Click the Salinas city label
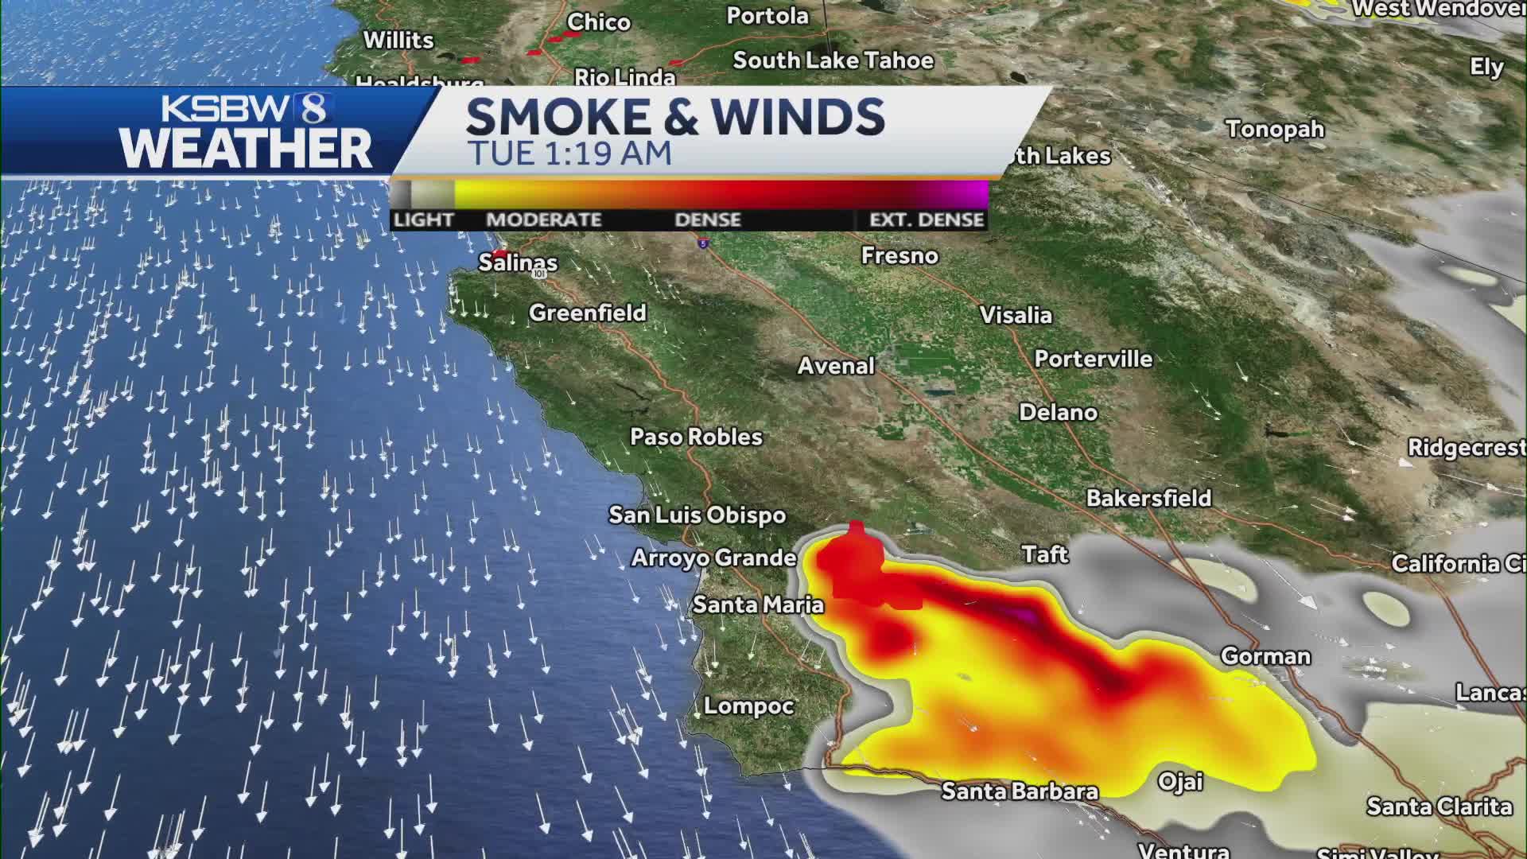pos(518,262)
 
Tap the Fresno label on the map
pos(899,255)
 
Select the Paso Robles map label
pos(696,437)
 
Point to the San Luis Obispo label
pos(697,515)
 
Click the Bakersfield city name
pos(1148,498)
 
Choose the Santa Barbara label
pos(1020,791)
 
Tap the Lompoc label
pos(748,705)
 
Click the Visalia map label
pos(1016,315)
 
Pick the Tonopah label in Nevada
pos(1275,129)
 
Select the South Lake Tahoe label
pos(833,60)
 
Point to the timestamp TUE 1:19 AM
pos(569,154)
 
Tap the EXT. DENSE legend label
pos(927,220)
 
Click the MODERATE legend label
pos(543,220)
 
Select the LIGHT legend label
pos(423,220)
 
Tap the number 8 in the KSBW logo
pos(313,108)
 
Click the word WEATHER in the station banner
pos(246,149)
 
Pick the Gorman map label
pos(1265,656)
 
